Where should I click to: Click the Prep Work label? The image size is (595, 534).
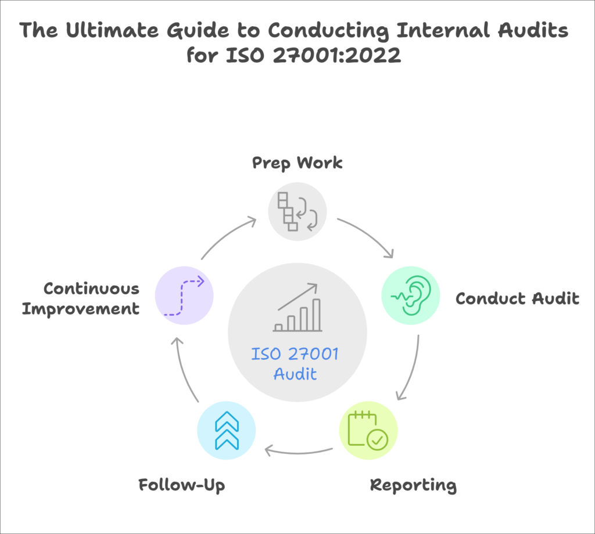pyautogui.click(x=297, y=163)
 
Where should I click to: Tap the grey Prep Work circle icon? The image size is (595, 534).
pyautogui.click(x=297, y=211)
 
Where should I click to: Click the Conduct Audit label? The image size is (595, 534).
pyautogui.click(x=517, y=298)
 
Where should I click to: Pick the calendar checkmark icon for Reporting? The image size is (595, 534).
pyautogui.click(x=368, y=431)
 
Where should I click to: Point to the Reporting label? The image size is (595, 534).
pyautogui.click(x=413, y=485)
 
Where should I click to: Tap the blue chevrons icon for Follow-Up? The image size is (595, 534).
pyautogui.click(x=227, y=431)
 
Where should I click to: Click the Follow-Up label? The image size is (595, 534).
pyautogui.click(x=182, y=485)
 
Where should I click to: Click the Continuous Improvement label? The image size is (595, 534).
pyautogui.click(x=81, y=298)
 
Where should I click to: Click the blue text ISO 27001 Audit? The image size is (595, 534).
pyautogui.click(x=296, y=363)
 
